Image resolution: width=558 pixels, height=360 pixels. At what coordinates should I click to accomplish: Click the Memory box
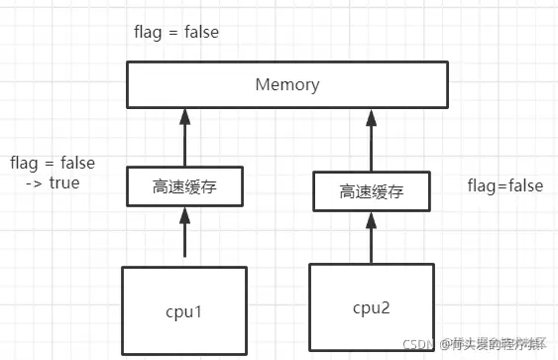click(x=287, y=84)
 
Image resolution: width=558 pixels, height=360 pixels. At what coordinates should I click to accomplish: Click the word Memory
click(x=287, y=84)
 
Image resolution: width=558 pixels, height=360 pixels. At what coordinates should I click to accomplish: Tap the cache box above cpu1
click(x=183, y=186)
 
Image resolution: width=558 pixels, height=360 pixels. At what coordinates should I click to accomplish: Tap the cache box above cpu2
click(x=373, y=191)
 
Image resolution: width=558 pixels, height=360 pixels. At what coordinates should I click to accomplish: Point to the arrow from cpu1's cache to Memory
click(x=184, y=139)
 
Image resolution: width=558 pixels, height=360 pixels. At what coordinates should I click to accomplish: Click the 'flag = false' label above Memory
click(x=176, y=32)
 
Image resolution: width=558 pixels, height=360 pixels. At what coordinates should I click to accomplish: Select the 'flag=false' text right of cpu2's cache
click(x=504, y=185)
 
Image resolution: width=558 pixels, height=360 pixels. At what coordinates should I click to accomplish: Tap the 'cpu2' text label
click(x=373, y=308)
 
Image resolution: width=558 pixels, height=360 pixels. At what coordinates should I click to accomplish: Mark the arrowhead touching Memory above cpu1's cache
click(x=184, y=115)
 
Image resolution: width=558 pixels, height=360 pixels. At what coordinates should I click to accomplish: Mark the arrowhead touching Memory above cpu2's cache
click(x=373, y=115)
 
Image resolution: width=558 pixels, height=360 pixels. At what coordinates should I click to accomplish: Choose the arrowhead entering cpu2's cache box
click(x=373, y=218)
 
